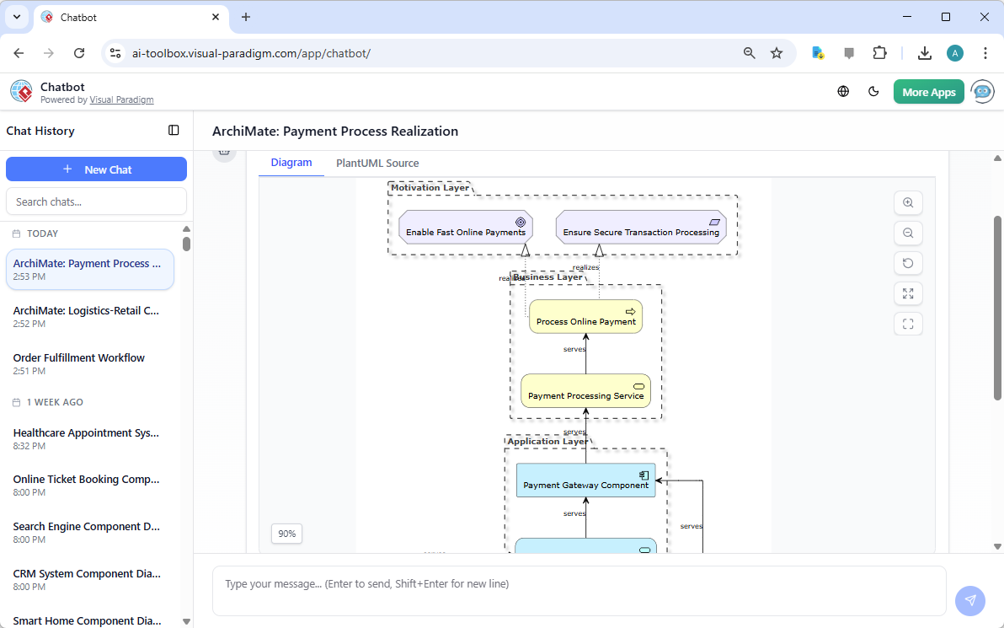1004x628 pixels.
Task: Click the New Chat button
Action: [x=96, y=169]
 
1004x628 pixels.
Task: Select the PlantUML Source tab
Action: [x=377, y=164]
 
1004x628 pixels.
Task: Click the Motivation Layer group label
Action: [x=430, y=188]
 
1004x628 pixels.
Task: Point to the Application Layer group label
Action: [x=547, y=442]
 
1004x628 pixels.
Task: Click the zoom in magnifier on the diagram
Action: [x=908, y=203]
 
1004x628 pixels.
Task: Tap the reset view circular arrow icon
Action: [x=908, y=263]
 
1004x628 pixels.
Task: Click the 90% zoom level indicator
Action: [x=287, y=534]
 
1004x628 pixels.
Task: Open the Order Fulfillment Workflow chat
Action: [x=79, y=358]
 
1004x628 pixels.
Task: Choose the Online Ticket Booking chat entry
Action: [x=86, y=480]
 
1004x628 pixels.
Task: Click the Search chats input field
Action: [x=96, y=201]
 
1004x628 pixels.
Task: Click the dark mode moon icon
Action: [x=873, y=92]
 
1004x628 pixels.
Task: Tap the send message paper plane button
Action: [x=969, y=600]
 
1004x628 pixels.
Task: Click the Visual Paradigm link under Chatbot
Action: [x=121, y=100]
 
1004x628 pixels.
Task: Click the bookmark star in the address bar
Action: [x=777, y=53]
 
